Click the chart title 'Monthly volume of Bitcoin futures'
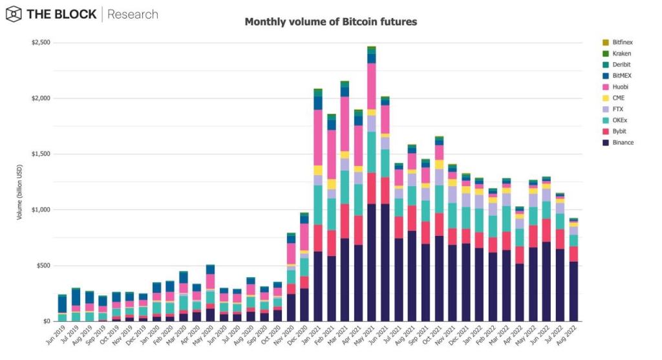(x=330, y=21)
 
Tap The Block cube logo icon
(x=14, y=14)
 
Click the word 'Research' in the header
(x=133, y=14)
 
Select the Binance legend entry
(x=617, y=143)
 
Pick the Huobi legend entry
(x=615, y=87)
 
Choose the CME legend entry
(x=613, y=98)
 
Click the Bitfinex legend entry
(x=617, y=42)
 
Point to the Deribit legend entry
(x=616, y=65)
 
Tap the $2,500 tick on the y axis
(x=41, y=42)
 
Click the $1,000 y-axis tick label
(x=41, y=210)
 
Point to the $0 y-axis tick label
(x=46, y=321)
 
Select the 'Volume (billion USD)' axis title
(x=19, y=192)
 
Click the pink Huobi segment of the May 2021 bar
(x=372, y=87)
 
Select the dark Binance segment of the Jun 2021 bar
(x=385, y=262)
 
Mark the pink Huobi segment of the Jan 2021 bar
(x=318, y=138)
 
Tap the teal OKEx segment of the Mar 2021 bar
(x=345, y=187)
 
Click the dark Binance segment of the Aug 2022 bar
(x=574, y=291)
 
